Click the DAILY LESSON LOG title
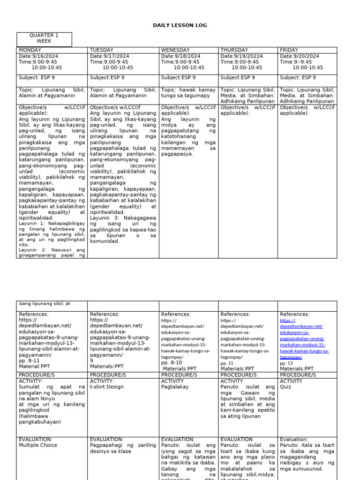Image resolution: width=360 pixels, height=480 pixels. (x=180, y=25)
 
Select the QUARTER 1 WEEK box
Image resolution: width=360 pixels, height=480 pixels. (x=44, y=39)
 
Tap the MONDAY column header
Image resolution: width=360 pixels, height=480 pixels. (x=30, y=50)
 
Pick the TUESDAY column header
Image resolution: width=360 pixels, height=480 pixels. (x=102, y=50)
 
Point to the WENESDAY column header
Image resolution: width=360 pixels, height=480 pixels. (x=175, y=50)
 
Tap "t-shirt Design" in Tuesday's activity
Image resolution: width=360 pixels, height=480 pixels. (x=107, y=388)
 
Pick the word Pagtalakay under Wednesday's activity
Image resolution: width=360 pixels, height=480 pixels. (x=175, y=388)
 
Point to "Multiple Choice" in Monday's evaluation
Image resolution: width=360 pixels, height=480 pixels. (x=36, y=445)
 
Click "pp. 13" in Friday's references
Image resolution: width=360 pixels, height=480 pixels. (x=286, y=363)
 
